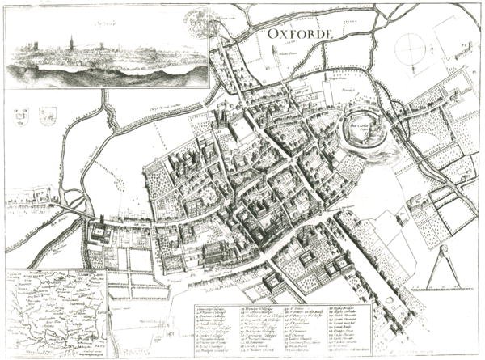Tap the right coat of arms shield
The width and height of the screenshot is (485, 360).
41,116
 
